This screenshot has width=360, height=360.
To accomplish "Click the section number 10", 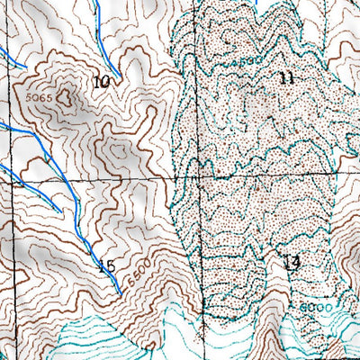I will [x=102, y=82].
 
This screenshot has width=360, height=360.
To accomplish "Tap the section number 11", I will [x=287, y=78].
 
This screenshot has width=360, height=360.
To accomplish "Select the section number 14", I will [x=291, y=263].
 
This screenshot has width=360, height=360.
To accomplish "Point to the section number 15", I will [x=105, y=265].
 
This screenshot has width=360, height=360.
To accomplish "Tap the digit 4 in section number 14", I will [x=295, y=263].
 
